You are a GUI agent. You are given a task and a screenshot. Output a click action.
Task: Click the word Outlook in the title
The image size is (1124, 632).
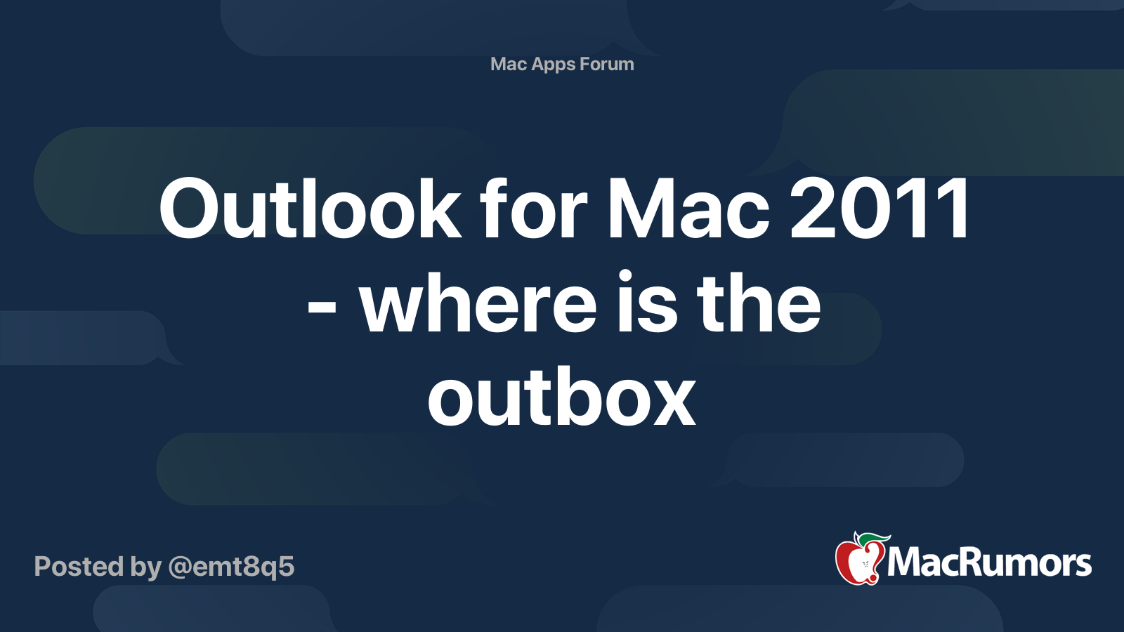[x=310, y=209]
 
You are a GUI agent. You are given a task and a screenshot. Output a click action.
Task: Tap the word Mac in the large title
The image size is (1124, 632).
[x=688, y=209]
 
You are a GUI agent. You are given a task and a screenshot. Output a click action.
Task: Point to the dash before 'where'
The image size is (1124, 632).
[x=322, y=309]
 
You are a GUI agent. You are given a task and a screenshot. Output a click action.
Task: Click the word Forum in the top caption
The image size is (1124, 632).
[x=607, y=64]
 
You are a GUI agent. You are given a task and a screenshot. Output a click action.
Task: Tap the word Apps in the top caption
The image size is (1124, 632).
[x=554, y=64]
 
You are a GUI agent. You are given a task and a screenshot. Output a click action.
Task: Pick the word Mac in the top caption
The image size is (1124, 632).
[x=509, y=64]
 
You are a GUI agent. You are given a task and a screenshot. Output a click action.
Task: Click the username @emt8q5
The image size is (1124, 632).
[x=231, y=567]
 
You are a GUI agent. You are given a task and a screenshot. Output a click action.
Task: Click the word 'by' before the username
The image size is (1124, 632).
[x=146, y=567]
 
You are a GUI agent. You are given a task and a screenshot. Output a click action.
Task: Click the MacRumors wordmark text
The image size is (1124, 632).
[x=989, y=562]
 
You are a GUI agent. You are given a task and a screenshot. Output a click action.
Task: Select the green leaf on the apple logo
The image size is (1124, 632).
[x=874, y=539]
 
